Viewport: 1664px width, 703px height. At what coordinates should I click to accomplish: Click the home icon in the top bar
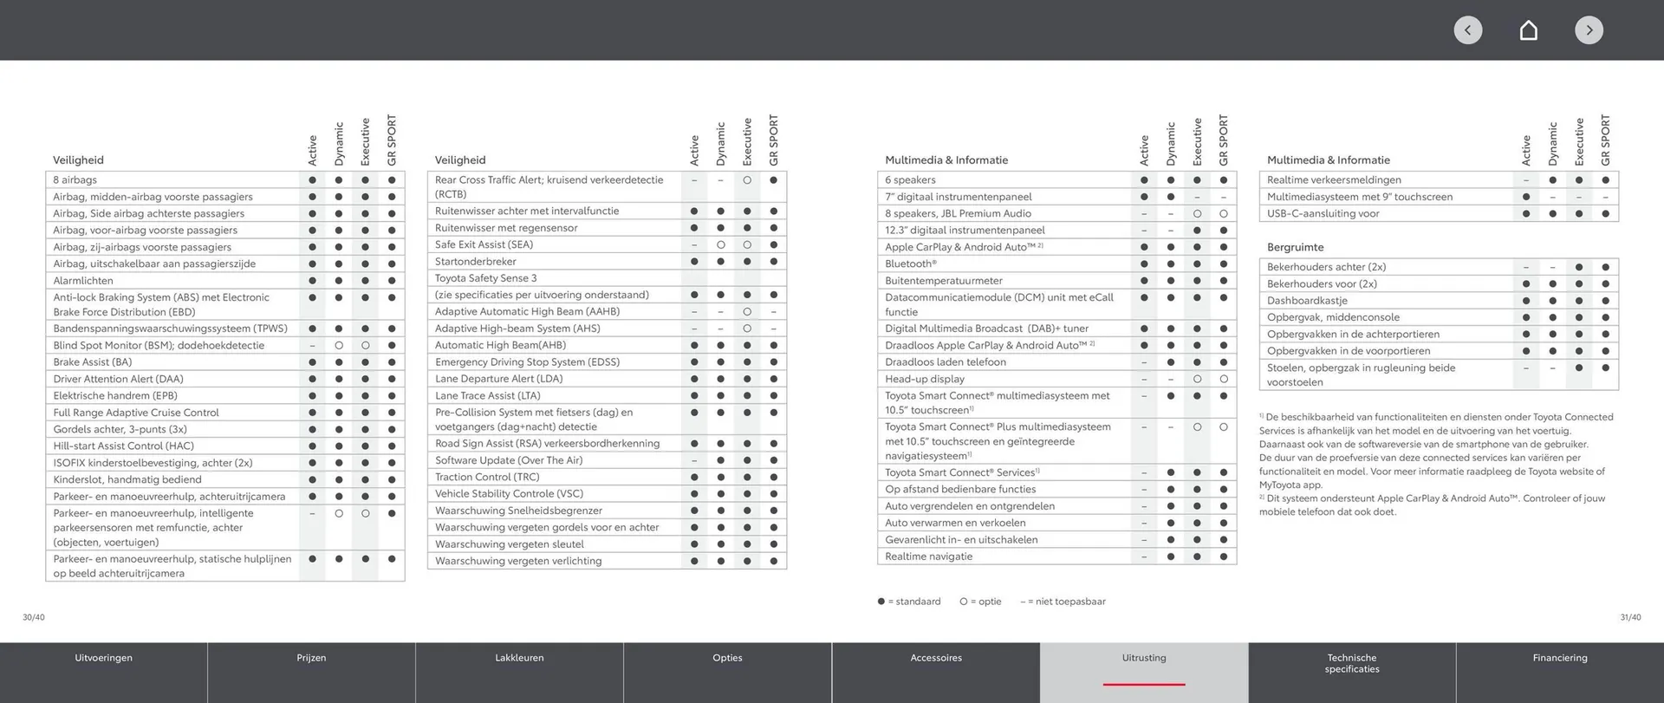[x=1529, y=30]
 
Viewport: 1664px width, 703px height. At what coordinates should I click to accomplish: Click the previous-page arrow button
[x=1467, y=30]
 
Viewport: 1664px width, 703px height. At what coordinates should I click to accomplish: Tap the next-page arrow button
[x=1589, y=30]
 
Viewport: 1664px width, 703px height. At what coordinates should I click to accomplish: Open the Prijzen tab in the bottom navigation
[x=311, y=658]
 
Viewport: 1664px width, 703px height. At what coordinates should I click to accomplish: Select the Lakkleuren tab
[x=519, y=658]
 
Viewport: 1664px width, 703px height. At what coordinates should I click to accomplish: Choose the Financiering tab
[x=1560, y=658]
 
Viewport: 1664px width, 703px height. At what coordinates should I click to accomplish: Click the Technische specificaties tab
[x=1352, y=663]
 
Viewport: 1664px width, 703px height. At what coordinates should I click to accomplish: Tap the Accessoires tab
[x=936, y=658]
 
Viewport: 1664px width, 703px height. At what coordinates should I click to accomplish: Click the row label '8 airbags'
[x=75, y=180]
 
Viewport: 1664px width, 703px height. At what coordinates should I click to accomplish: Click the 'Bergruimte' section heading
[x=1295, y=247]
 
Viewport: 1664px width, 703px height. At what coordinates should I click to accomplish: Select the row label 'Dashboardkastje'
[x=1307, y=301]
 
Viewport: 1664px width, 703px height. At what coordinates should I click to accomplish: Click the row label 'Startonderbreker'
[x=476, y=262]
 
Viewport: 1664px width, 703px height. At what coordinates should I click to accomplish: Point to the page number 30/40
[x=34, y=617]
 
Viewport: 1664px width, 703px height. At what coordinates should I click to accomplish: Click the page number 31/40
[x=1630, y=617]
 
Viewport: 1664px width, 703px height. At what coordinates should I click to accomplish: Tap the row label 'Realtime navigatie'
[x=929, y=557]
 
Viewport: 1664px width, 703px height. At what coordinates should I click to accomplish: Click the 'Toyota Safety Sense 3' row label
[x=485, y=278]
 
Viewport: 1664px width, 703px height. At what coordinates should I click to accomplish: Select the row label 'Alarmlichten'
[x=83, y=281]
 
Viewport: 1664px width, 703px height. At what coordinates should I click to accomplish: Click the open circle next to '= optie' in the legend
[x=964, y=602]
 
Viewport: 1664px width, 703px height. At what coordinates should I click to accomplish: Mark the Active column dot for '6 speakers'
[x=1144, y=180]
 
